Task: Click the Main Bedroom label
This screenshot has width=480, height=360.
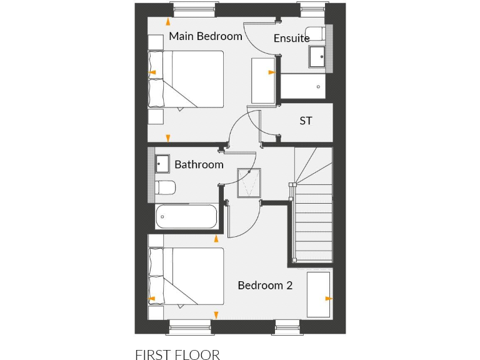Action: pyautogui.click(x=205, y=36)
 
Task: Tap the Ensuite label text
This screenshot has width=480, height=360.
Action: pyautogui.click(x=291, y=39)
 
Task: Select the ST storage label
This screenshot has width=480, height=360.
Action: pyautogui.click(x=306, y=121)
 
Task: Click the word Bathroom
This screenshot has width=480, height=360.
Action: pyautogui.click(x=199, y=165)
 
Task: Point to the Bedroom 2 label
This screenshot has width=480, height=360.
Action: pyautogui.click(x=265, y=286)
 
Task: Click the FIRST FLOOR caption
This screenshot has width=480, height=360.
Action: pyautogui.click(x=177, y=355)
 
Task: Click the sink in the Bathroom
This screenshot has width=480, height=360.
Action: pyautogui.click(x=162, y=164)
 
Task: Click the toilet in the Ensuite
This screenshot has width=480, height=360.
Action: pyautogui.click(x=314, y=33)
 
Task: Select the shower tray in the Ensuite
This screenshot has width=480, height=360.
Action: pyautogui.click(x=302, y=86)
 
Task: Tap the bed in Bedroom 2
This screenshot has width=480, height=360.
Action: pyautogui.click(x=186, y=276)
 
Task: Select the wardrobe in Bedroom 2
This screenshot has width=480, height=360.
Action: pyautogui.click(x=319, y=294)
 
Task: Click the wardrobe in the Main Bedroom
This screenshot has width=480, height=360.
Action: pyautogui.click(x=262, y=80)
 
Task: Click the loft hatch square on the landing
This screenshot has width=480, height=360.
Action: pyautogui.click(x=249, y=182)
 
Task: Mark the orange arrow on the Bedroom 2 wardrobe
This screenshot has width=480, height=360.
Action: pyautogui.click(x=328, y=299)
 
